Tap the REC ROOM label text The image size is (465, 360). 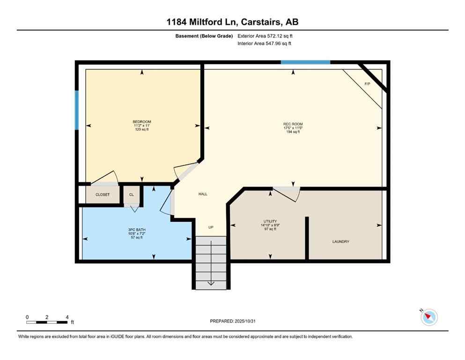tap(293, 124)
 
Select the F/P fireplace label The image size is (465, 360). tap(367, 84)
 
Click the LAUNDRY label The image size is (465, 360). tap(340, 242)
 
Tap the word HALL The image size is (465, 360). tap(203, 194)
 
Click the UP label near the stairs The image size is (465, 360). tap(211, 227)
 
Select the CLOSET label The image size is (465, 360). tap(102, 195)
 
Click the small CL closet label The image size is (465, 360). tap(131, 195)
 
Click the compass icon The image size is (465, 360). tap(428, 317)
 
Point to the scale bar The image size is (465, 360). tap(47, 322)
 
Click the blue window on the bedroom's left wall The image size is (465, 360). tap(77, 110)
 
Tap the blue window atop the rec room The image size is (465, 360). tap(305, 62)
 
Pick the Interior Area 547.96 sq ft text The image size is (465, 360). tap(265, 44)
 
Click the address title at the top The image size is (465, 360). tap(232, 22)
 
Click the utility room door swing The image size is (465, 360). tap(287, 193)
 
